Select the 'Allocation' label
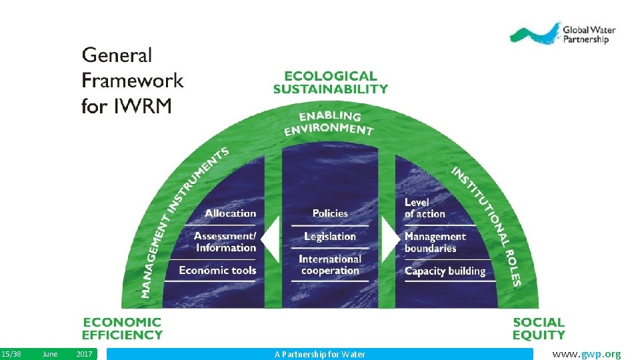point(230,213)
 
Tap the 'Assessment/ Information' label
point(225,242)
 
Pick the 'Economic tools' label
point(217,270)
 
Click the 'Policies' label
point(330,213)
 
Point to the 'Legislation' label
point(330,237)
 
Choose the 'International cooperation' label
point(330,265)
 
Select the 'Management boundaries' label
point(435,242)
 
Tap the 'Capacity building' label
point(445,271)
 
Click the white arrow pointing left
point(269,239)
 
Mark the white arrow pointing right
point(391,239)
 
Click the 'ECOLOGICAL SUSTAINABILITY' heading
point(330,82)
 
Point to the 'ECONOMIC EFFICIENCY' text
point(122,329)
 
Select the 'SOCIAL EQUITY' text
point(539,329)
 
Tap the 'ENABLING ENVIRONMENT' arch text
point(329,123)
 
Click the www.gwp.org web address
point(587,354)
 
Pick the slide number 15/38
point(11,354)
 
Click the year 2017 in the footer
point(85,354)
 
